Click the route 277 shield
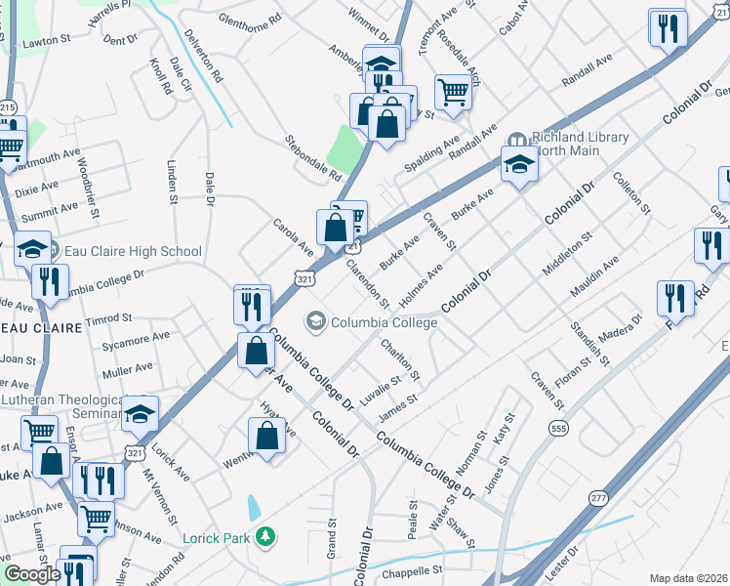click(x=597, y=498)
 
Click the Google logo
click(x=32, y=575)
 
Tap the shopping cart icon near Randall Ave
click(x=453, y=94)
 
